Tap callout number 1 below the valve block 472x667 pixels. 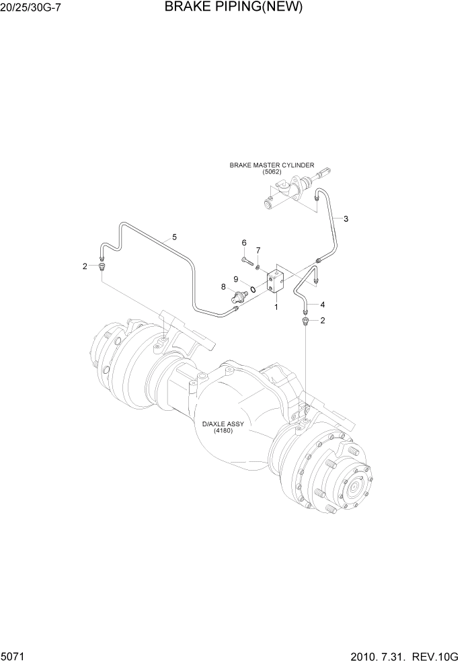point(276,307)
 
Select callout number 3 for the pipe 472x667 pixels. point(346,219)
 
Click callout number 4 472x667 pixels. point(322,303)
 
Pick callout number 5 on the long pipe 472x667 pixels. point(174,237)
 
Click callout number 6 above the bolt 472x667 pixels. point(245,243)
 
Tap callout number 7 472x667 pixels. point(258,251)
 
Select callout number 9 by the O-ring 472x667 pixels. point(236,279)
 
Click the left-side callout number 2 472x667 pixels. point(85,266)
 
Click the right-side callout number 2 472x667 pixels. point(322,321)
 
